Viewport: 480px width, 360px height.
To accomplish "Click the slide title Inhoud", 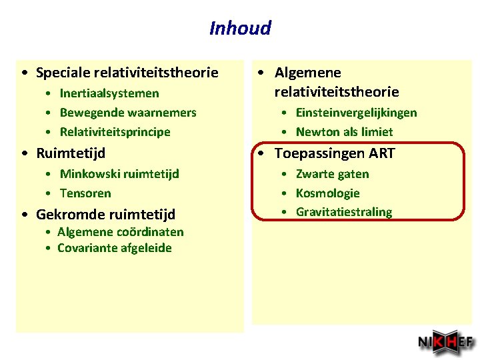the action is (240, 28).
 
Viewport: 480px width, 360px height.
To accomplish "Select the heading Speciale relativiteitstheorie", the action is (127, 73).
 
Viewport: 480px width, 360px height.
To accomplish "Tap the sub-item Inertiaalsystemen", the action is (109, 93).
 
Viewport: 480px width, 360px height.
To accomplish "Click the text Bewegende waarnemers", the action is (128, 113).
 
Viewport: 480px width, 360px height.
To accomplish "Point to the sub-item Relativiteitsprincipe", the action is (115, 132).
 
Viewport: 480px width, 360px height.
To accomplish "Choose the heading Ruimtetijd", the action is (71, 153).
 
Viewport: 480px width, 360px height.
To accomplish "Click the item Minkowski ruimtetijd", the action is (119, 174).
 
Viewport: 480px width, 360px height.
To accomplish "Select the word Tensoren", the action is (85, 193).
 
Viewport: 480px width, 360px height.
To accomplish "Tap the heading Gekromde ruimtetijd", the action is (105, 215).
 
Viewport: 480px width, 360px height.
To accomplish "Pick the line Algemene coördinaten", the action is (120, 232).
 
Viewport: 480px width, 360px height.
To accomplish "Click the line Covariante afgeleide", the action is (114, 248).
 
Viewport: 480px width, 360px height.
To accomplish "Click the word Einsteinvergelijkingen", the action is (356, 113).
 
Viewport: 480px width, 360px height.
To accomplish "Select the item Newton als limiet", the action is (344, 132).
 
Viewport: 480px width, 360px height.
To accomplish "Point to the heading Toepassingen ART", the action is (335, 153).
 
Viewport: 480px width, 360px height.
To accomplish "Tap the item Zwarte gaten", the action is (332, 174).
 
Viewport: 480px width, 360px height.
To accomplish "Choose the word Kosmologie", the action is (327, 193).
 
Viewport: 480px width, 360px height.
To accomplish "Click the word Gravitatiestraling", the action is (343, 212).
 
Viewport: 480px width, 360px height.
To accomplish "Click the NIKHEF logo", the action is (445, 343).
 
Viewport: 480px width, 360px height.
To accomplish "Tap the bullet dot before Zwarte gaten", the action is (284, 175).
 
